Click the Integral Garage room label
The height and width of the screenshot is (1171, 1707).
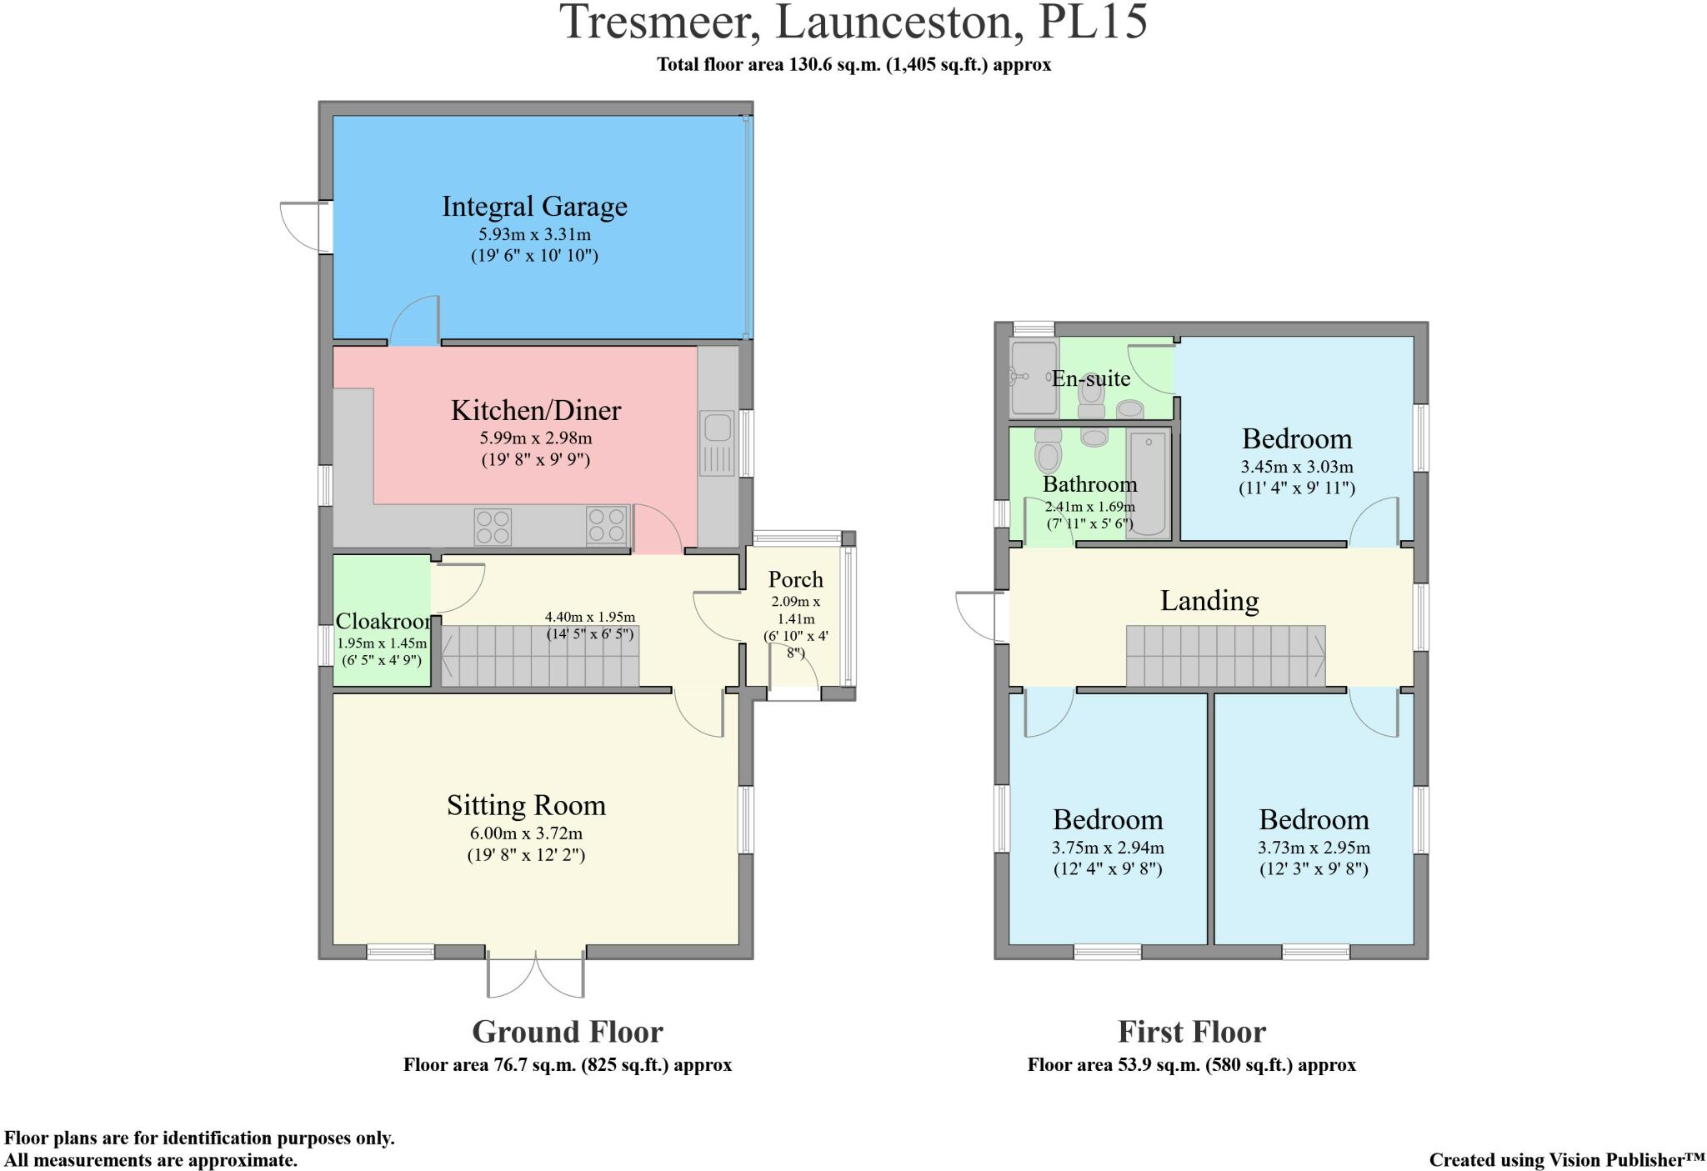(534, 206)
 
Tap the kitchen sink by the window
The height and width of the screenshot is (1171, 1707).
(716, 428)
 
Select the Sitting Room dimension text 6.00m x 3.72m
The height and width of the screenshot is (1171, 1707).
(526, 833)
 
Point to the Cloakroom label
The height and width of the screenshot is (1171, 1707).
(383, 621)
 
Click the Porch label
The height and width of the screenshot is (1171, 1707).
(795, 579)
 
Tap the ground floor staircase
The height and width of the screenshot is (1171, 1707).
(539, 656)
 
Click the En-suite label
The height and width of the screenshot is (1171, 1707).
(1090, 378)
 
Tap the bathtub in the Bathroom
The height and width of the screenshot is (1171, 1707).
(1148, 484)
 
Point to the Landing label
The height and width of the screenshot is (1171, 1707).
(1209, 600)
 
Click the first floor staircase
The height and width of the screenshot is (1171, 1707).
(1225, 656)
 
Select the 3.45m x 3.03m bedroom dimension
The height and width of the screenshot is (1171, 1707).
(1296, 467)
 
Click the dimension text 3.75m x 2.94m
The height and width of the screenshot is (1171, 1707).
(1108, 848)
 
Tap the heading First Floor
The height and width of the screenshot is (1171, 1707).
(1191, 1032)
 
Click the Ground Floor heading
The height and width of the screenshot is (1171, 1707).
(567, 1032)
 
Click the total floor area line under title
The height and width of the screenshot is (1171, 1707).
(853, 64)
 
